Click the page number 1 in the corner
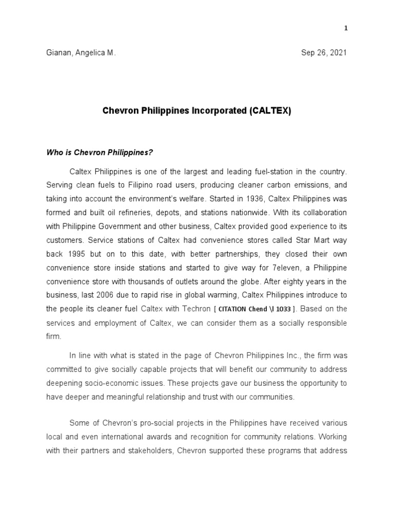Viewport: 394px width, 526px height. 346,28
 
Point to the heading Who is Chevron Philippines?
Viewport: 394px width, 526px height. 100,152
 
